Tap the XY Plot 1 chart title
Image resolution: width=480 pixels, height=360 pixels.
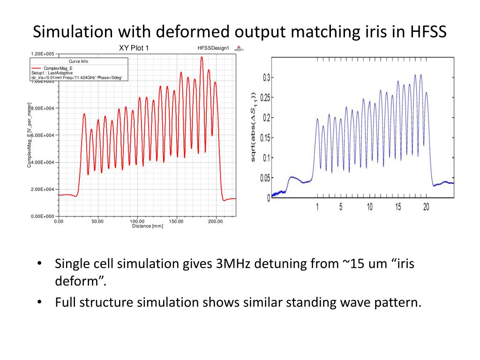click(134, 48)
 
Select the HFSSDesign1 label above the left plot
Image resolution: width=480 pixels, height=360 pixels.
click(213, 48)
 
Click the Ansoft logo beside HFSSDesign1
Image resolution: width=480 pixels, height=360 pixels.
click(239, 48)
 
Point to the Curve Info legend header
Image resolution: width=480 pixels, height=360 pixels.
click(78, 61)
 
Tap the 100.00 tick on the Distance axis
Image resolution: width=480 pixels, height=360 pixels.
click(137, 221)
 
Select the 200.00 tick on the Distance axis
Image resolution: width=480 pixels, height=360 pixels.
click(216, 221)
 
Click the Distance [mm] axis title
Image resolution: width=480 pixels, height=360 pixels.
click(148, 226)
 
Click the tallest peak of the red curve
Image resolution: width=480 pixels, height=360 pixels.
click(202, 57)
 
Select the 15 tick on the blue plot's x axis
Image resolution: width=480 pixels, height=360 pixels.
click(398, 207)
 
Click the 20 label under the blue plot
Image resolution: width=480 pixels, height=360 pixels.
click(426, 207)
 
